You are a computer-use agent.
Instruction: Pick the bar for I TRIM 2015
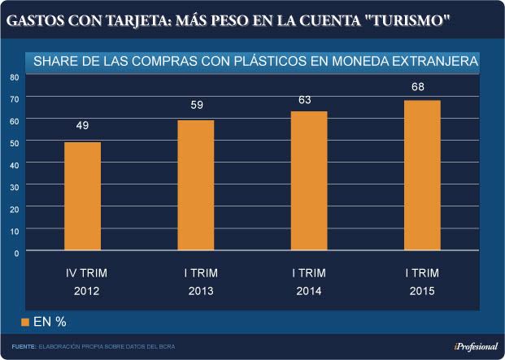[422, 176]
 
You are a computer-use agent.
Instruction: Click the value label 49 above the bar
[82, 126]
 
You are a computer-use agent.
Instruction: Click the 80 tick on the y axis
[14, 77]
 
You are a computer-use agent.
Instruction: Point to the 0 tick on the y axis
[16, 252]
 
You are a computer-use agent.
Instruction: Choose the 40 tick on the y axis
[14, 164]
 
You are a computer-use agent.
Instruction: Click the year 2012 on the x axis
[85, 291]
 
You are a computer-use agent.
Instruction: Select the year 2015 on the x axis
[422, 291]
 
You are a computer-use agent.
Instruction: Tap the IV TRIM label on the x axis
[85, 273]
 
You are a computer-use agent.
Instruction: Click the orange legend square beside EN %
[25, 323]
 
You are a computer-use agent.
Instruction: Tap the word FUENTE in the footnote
[23, 347]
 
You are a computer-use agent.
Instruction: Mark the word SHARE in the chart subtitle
[52, 61]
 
